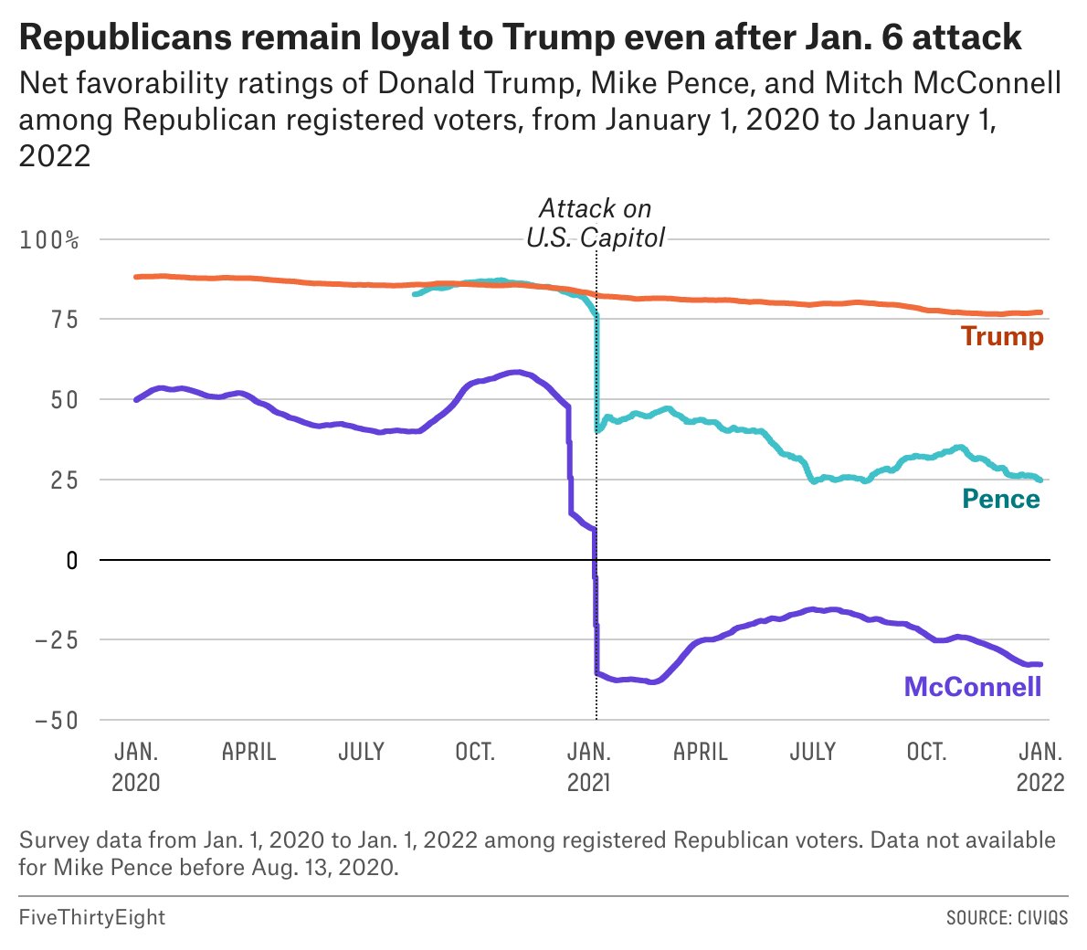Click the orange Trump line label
click(1002, 336)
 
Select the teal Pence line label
click(1001, 499)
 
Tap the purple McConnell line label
click(973, 687)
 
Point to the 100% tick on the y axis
click(49, 240)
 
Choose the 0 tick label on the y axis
click(71, 560)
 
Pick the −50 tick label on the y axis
click(57, 720)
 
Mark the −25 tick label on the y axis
click(57, 640)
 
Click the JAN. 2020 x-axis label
click(136, 767)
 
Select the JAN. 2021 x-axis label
click(589, 767)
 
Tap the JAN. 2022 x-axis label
click(1040, 767)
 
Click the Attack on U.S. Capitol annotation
click(596, 223)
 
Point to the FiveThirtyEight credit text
click(92, 917)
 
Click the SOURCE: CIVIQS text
click(1007, 917)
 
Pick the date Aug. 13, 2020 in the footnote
click(323, 867)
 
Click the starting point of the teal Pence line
click(414, 294)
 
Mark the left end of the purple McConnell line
click(136, 400)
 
